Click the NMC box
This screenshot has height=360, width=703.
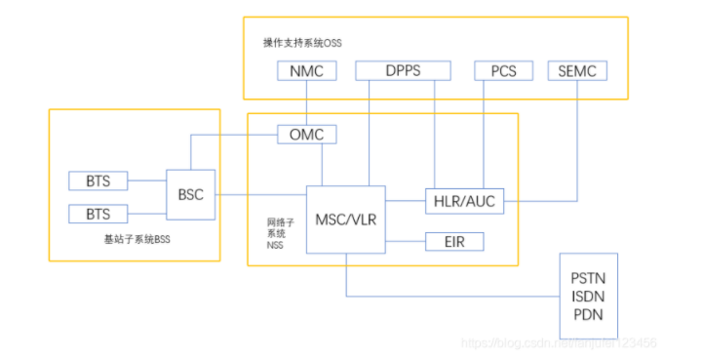pyautogui.click(x=307, y=71)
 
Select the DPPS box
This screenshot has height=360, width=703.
pyautogui.click(x=403, y=71)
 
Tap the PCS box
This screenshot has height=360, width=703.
pyautogui.click(x=502, y=71)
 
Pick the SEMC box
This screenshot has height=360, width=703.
pyautogui.click(x=578, y=71)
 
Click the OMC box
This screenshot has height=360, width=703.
pyautogui.click(x=307, y=135)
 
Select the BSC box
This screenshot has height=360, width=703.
pyautogui.click(x=191, y=195)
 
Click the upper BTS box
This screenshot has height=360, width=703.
pyautogui.click(x=98, y=180)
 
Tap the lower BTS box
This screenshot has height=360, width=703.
pyautogui.click(x=98, y=214)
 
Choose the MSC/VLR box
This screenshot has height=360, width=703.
pyautogui.click(x=345, y=219)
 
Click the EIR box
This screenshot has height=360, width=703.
pyautogui.click(x=454, y=241)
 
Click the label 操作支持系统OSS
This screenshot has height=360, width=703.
pyautogui.click(x=303, y=43)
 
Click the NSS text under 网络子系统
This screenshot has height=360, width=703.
pyautogui.click(x=277, y=246)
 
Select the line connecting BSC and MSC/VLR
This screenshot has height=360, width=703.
pyautogui.click(x=260, y=196)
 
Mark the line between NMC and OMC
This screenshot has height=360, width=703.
pyautogui.click(x=307, y=102)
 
